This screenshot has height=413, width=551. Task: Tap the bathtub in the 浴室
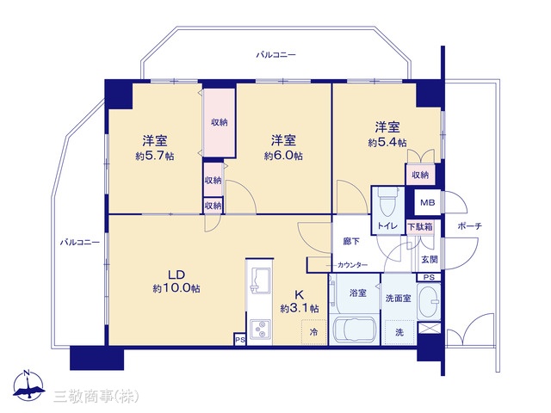(354, 330)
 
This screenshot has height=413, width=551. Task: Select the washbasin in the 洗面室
(429, 302)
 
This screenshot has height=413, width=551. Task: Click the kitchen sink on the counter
(260, 280)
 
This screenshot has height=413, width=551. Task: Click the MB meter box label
(428, 203)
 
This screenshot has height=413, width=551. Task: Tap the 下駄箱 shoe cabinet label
(419, 227)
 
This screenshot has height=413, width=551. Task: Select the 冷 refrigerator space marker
(313, 331)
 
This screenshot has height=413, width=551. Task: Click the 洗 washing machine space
(399, 332)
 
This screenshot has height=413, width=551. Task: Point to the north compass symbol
(28, 385)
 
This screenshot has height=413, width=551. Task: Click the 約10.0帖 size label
(176, 288)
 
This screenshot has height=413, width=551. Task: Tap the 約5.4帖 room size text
(387, 143)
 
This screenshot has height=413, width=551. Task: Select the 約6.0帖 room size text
(283, 156)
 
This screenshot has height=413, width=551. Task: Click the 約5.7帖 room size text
(155, 156)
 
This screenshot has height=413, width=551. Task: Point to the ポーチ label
(470, 226)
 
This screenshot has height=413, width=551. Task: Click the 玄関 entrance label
(430, 260)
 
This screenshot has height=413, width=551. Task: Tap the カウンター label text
(352, 265)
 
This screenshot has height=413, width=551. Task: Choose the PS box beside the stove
(240, 339)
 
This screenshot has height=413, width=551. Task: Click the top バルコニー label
(275, 55)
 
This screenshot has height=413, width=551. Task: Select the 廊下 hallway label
(351, 242)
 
